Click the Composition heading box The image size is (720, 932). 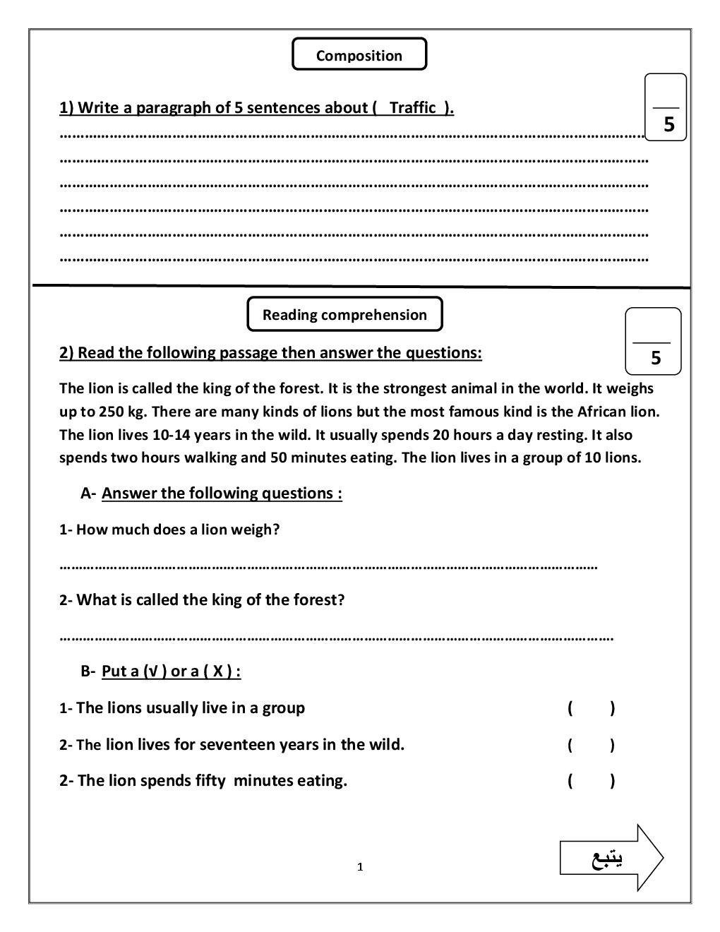pyautogui.click(x=359, y=55)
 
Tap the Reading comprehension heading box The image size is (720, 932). pyautogui.click(x=344, y=315)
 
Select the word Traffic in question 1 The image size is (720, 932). pyautogui.click(x=413, y=108)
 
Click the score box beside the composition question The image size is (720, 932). pyautogui.click(x=666, y=107)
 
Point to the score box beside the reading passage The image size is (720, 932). pyautogui.click(x=654, y=341)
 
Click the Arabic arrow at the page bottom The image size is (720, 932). pyautogui.click(x=611, y=857)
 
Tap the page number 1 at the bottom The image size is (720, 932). pyautogui.click(x=360, y=867)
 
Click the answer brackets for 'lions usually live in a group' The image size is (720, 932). pyautogui.click(x=591, y=708)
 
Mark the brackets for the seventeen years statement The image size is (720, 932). pyautogui.click(x=591, y=745)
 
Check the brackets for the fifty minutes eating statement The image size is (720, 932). pyautogui.click(x=591, y=781)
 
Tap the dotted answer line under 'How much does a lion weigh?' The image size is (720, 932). pyautogui.click(x=328, y=566)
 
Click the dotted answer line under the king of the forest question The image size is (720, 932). pyautogui.click(x=336, y=638)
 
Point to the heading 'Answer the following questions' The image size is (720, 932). pyautogui.click(x=222, y=494)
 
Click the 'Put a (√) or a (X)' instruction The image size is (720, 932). pyautogui.click(x=171, y=671)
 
